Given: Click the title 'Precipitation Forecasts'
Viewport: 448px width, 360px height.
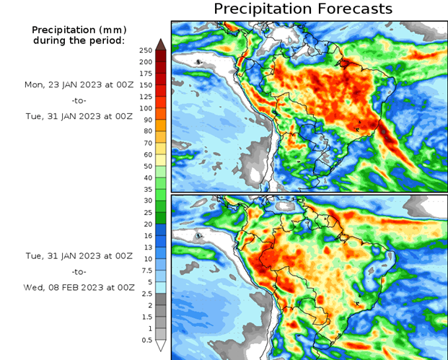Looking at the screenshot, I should tap(303, 9).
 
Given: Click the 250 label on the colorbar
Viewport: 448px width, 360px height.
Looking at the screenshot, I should tap(146, 50).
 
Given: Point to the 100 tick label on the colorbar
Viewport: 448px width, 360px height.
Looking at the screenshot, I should tap(146, 108).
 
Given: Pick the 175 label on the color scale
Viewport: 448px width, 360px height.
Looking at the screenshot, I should tap(146, 73).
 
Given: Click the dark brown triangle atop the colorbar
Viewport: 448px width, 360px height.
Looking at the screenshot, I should tap(161, 44).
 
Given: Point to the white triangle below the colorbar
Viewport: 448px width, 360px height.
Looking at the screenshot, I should tap(161, 346).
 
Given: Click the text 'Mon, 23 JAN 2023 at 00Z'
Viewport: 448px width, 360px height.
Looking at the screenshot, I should tap(79, 84).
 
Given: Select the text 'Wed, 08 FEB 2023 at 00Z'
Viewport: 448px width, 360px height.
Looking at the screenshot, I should tap(79, 287).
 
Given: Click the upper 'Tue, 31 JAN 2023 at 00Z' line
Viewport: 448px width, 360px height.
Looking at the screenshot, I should tap(79, 116).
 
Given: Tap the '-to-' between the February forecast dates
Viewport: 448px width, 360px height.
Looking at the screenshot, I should tap(79, 271).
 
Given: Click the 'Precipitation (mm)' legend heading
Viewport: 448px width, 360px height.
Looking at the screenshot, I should tap(79, 30).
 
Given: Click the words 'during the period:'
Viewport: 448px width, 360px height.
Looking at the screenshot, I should tap(79, 40).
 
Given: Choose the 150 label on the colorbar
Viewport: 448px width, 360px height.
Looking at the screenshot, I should tap(146, 84).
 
